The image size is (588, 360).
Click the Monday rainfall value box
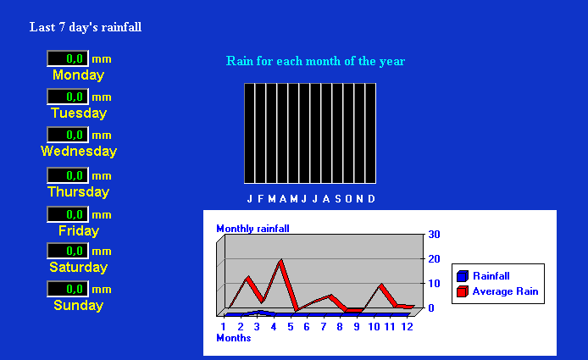tap(68, 58)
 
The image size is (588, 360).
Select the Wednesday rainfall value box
tap(68, 135)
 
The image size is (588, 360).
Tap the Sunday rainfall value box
tap(68, 289)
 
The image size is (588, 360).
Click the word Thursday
tap(79, 192)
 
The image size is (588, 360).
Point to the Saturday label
tap(79, 267)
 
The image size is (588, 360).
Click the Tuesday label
tap(79, 113)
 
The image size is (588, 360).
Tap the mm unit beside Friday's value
tap(102, 215)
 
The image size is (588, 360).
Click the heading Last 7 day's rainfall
tap(86, 27)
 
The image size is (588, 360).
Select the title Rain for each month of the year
tap(315, 61)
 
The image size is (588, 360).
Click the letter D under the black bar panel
tap(371, 199)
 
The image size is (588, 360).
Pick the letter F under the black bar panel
tap(261, 199)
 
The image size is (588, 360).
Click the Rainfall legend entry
tap(484, 276)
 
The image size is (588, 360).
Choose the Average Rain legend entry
tap(497, 291)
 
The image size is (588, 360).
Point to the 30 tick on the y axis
tap(434, 235)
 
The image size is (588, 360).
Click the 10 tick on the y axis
tap(434, 284)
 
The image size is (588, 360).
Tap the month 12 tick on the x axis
tap(407, 327)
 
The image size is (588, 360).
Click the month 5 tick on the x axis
tap(291, 327)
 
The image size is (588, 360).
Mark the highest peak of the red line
tap(281, 260)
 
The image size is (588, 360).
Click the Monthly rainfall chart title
tap(252, 229)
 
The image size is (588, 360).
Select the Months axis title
tap(234, 338)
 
